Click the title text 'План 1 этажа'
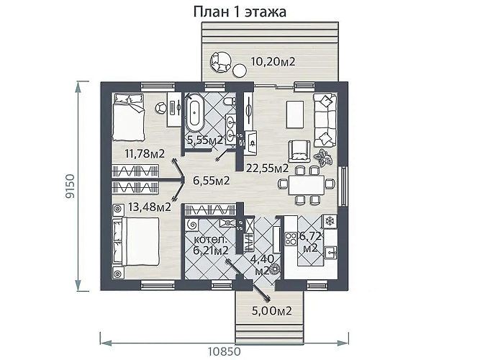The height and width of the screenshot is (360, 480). point(240,12)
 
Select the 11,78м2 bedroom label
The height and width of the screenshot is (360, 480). point(145,153)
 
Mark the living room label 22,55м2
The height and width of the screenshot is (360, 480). point(267,168)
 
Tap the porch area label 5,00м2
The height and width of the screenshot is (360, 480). point(271,311)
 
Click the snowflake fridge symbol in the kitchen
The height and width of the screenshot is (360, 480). point(331,220)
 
